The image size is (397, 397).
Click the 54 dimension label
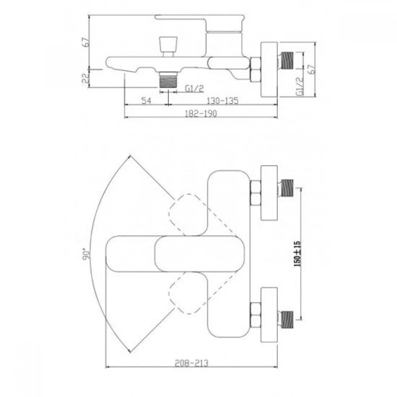point(146,100)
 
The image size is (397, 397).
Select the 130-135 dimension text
point(222,100)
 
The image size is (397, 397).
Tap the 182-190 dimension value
point(201,113)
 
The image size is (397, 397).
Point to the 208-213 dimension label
point(192,363)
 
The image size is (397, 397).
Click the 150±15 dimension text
point(297,253)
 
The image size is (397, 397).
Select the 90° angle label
point(86,255)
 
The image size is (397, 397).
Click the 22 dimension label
point(86,78)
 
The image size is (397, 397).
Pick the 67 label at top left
point(86,42)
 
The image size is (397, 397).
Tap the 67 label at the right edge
point(312,69)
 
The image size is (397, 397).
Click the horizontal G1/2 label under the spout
point(194,89)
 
